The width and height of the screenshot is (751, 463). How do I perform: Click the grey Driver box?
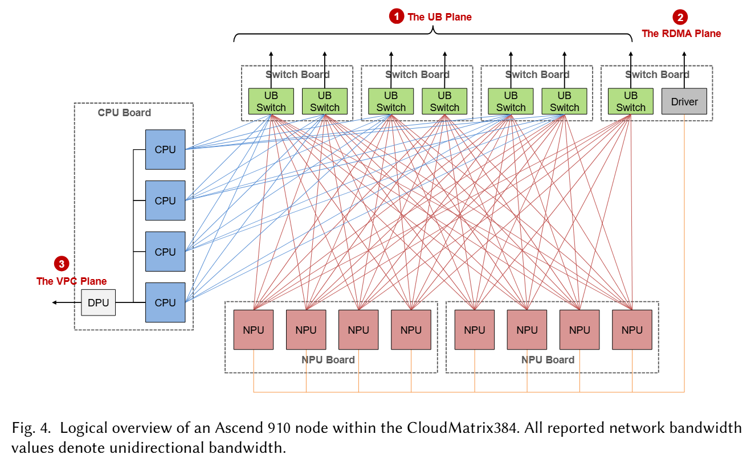pyautogui.click(x=684, y=101)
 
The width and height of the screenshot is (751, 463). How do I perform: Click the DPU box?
pyautogui.click(x=98, y=303)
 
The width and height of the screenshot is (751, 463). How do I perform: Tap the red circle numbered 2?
pyautogui.click(x=680, y=17)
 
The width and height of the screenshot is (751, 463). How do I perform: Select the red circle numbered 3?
pyautogui.click(x=61, y=264)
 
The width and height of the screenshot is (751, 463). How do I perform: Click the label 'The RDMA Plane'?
pyautogui.click(x=681, y=34)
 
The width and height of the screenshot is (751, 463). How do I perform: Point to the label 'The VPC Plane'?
pyautogui.click(x=71, y=281)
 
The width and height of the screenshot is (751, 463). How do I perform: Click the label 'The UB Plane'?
pyautogui.click(x=439, y=17)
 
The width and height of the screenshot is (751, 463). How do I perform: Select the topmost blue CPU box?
pyautogui.click(x=165, y=150)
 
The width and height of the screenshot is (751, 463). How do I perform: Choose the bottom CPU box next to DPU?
pyautogui.click(x=165, y=303)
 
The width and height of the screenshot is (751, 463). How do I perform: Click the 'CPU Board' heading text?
pyautogui.click(x=124, y=113)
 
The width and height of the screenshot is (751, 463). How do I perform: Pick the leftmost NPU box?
pyautogui.click(x=254, y=330)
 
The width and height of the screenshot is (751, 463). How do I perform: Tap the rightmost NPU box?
pyautogui.click(x=632, y=330)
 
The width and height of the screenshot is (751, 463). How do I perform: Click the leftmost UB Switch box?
pyautogui.click(x=271, y=101)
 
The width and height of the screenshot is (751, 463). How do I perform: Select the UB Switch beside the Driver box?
pyautogui.click(x=631, y=101)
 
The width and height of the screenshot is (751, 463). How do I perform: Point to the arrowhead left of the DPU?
pyautogui.click(x=55, y=303)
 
